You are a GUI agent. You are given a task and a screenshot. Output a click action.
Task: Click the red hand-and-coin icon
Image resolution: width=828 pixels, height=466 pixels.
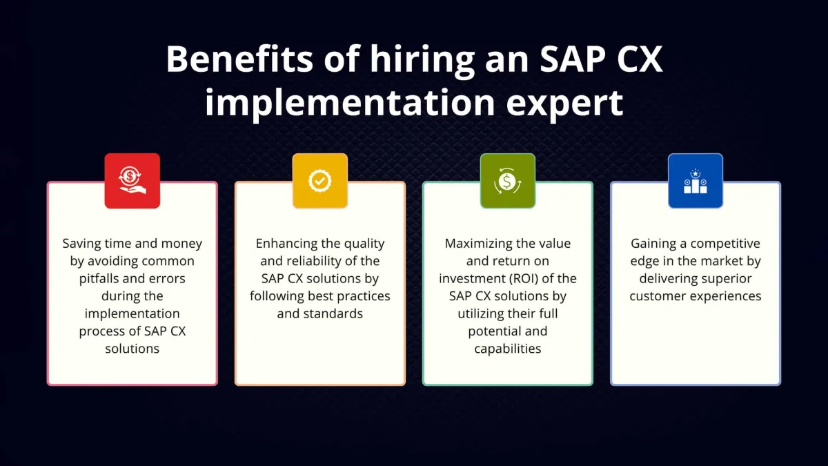tap(132, 181)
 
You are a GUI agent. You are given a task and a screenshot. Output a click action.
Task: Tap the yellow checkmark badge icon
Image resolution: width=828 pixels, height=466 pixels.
tap(320, 181)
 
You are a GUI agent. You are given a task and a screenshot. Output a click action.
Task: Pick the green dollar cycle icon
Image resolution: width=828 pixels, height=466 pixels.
tap(508, 181)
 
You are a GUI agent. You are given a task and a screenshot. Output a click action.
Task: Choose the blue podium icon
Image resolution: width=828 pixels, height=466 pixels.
tap(696, 181)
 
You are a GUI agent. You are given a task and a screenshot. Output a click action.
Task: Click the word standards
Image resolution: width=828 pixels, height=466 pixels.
tap(336, 313)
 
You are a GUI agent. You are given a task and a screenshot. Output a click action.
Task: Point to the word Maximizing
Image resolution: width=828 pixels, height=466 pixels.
tap(477, 244)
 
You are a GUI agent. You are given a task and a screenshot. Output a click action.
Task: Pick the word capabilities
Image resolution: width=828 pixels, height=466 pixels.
tap(508, 349)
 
